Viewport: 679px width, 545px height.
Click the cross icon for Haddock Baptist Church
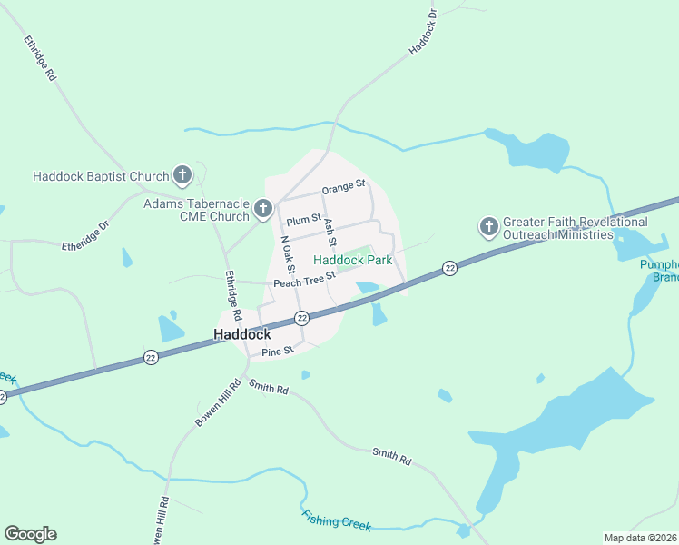coord(182,175)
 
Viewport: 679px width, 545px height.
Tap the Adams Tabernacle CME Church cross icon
coord(262,210)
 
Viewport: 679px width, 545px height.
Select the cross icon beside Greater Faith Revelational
coord(488,226)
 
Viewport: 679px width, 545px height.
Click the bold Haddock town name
coord(242,334)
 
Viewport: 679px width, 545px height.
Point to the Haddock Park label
coord(352,260)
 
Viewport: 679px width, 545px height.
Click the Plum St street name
coord(303,220)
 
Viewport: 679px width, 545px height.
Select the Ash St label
coord(330,233)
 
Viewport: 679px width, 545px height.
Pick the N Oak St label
coord(288,255)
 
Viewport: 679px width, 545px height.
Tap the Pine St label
coord(277,351)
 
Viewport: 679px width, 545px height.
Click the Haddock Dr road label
coord(424,32)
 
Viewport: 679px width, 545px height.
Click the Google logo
coord(30,534)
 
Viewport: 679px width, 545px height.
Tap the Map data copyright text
coord(641,538)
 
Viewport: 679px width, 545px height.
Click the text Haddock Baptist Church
coord(101,176)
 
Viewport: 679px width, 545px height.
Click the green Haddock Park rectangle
coord(357,253)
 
